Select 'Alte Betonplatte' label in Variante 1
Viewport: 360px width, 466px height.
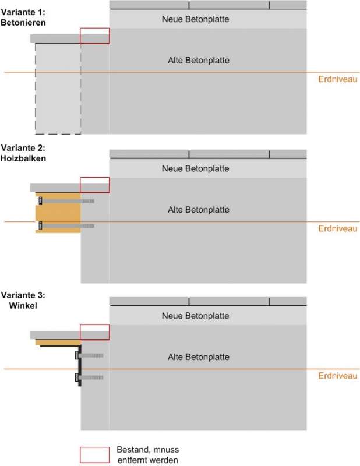click(198, 61)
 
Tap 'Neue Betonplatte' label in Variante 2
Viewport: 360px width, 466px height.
click(195, 169)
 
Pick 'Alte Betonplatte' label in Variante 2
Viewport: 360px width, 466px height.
click(198, 210)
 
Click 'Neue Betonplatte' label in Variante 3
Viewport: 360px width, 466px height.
click(195, 316)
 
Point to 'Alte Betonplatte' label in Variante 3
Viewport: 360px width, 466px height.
click(198, 357)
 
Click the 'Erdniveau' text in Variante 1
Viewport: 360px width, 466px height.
click(338, 80)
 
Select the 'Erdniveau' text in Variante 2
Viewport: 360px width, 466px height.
click(338, 229)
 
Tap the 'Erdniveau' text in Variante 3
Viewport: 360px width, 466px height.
click(338, 376)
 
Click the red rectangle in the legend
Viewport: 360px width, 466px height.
click(94, 454)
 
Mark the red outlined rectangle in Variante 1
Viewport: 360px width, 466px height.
click(94, 36)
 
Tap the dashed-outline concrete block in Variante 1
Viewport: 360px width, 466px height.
click(58, 87)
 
